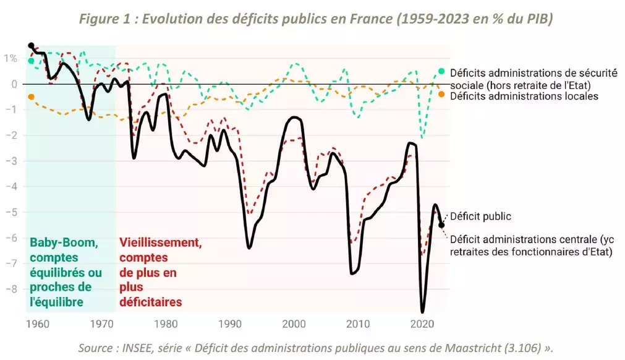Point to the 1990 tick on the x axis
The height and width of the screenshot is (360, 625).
point(229,324)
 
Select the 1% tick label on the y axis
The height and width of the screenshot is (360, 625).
point(10,58)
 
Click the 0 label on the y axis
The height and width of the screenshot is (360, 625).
point(14,84)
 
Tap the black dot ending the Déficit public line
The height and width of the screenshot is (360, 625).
point(441,225)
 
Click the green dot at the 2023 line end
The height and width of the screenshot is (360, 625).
point(441,71)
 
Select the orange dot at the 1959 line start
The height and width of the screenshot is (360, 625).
point(31,96)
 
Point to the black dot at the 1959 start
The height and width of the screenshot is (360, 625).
point(31,46)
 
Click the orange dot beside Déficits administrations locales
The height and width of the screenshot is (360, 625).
point(441,94)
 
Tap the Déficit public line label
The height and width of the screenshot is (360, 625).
point(480,216)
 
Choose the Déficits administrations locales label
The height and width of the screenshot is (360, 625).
point(524,96)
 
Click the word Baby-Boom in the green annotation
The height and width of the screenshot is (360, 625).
point(63,243)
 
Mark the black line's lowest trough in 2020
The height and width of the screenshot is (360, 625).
point(423,311)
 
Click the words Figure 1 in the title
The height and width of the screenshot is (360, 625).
point(107,19)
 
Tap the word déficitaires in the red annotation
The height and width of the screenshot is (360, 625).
point(151,302)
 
